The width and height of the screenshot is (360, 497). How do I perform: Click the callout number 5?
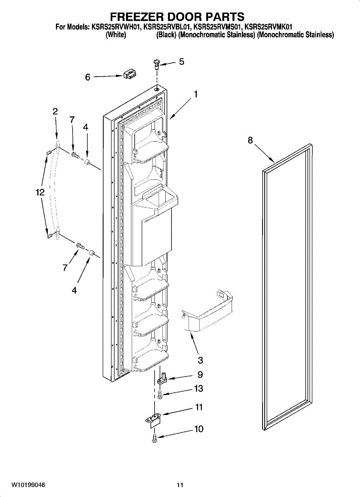181,62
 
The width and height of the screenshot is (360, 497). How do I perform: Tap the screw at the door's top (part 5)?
157,63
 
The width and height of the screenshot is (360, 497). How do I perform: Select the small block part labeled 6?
129,75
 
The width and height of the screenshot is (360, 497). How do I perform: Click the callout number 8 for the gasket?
250,140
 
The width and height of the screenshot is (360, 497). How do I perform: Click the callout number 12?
40,192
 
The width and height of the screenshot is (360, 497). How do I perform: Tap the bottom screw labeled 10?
155,437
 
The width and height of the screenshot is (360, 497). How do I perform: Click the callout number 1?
195,94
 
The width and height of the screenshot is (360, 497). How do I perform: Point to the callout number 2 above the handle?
55,111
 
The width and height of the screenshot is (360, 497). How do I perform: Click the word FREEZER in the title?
137,17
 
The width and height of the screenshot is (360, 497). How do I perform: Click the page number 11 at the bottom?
179,485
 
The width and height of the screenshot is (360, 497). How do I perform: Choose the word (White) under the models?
116,35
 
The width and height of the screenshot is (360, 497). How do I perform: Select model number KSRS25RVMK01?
268,27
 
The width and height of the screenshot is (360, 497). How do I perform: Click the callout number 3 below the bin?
201,360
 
